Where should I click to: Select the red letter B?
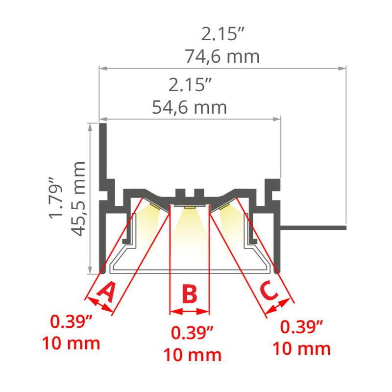[x=190, y=294]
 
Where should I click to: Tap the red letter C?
[x=269, y=291]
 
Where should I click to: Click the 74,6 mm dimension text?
[x=222, y=56]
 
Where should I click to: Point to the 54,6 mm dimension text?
[x=190, y=107]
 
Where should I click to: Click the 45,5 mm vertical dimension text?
[x=78, y=199]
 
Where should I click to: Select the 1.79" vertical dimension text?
[x=56, y=198]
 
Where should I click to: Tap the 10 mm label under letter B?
[x=192, y=355]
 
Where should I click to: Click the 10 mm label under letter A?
[x=71, y=343]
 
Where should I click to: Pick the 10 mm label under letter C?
[x=301, y=348]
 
